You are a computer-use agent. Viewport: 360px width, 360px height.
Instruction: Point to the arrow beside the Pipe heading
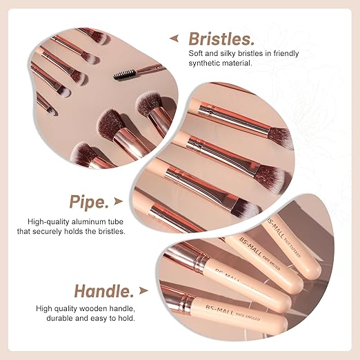(x=120, y=202)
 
